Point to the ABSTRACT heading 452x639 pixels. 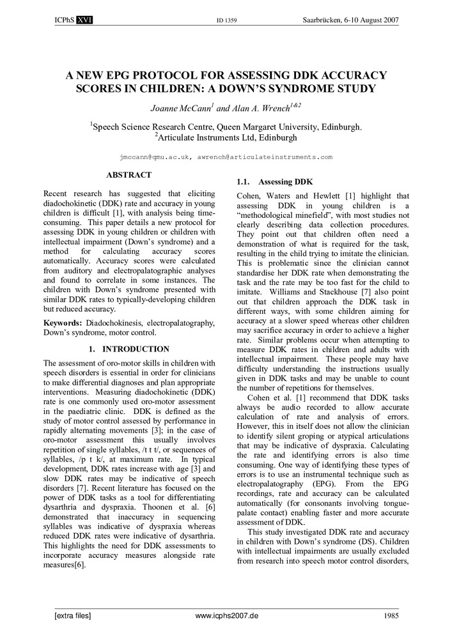129,175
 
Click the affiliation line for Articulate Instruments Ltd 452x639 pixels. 226,137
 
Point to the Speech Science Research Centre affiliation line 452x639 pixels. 226,127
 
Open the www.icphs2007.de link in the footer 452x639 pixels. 226,615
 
